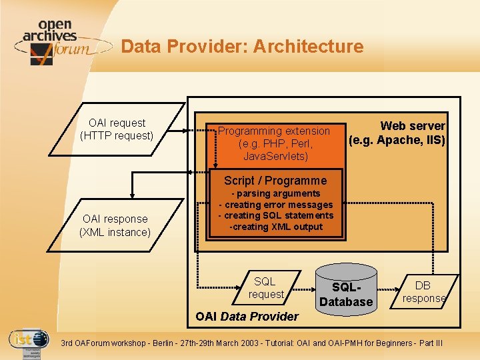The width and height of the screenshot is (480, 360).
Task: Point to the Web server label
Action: (x=412, y=126)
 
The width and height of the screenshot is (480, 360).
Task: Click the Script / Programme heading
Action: (x=275, y=181)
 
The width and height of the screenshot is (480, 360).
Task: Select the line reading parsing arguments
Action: (x=275, y=194)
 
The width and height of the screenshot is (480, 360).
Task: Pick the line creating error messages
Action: (x=275, y=205)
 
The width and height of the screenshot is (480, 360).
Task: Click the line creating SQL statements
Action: (x=275, y=215)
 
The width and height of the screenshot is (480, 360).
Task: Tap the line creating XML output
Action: (x=275, y=227)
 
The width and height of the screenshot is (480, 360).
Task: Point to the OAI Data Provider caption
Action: (x=247, y=316)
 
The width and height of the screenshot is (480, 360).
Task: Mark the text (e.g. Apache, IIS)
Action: (x=397, y=140)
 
